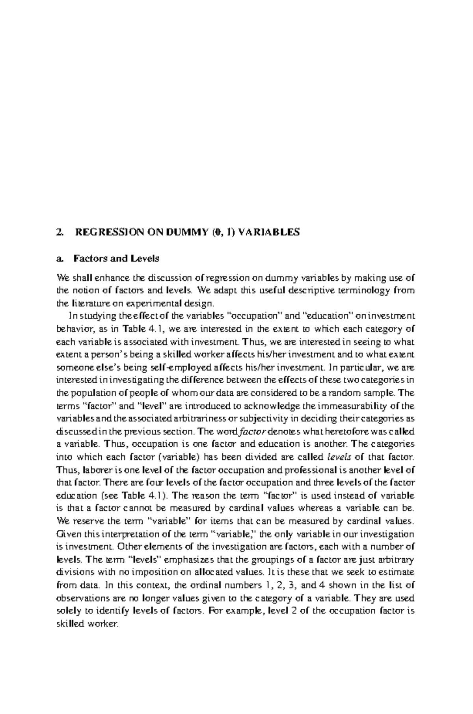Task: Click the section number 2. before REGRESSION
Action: point(60,232)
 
